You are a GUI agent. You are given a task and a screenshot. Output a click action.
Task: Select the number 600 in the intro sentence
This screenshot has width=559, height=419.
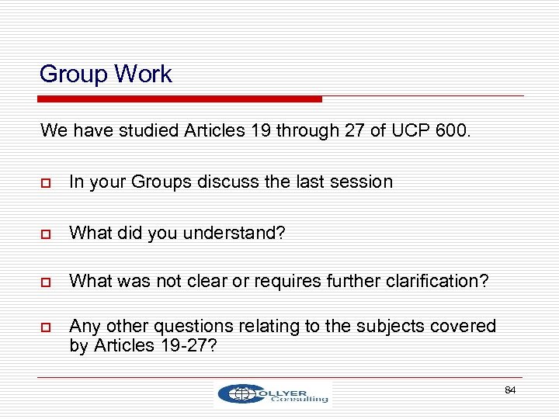[451, 130]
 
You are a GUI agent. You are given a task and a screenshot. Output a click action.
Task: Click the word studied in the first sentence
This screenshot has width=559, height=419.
[151, 130]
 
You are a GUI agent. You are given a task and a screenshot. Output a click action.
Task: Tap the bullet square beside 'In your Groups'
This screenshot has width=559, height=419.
[46, 183]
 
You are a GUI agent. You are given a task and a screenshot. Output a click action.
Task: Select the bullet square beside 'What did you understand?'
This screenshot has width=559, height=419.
[46, 232]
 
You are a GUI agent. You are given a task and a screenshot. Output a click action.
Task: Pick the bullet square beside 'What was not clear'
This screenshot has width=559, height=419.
[46, 282]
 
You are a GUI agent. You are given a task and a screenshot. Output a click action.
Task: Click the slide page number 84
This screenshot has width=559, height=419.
[510, 390]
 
